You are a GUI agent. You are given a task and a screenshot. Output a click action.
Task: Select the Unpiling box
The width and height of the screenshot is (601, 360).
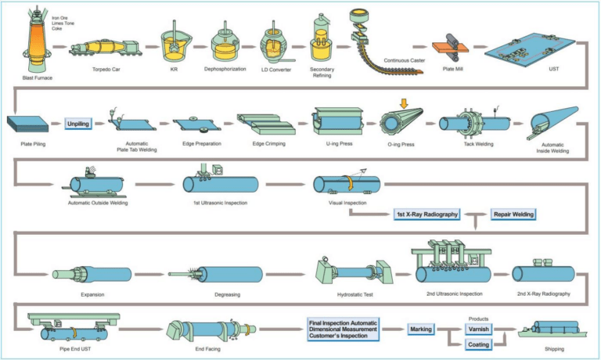click(79, 123)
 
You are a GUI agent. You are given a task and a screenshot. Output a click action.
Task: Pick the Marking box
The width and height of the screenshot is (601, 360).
click(421, 330)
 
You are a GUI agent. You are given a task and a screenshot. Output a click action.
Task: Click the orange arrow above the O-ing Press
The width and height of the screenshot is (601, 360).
click(403, 103)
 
